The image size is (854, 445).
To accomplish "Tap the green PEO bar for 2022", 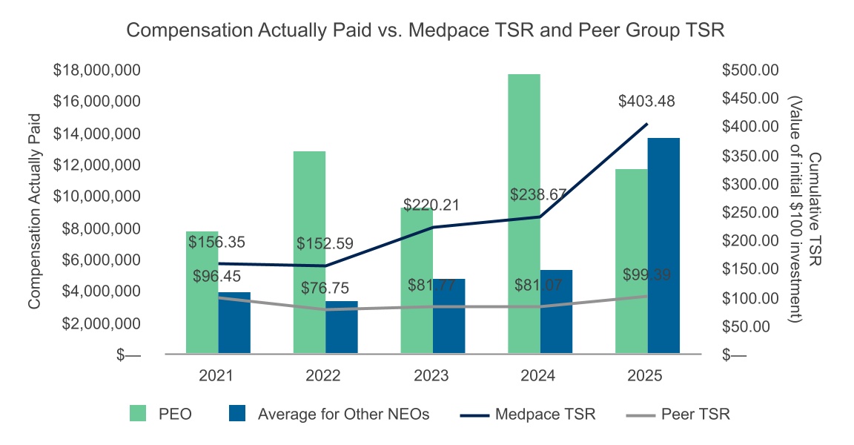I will [x=309, y=252].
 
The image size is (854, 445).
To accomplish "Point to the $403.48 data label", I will [x=646, y=102].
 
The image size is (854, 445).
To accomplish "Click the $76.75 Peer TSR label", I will [x=324, y=288].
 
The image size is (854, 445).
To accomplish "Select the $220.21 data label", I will [x=431, y=204].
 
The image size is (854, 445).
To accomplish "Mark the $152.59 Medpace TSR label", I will [x=325, y=243].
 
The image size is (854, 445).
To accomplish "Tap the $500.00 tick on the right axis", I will [x=751, y=70].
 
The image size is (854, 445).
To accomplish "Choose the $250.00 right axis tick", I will [x=751, y=213].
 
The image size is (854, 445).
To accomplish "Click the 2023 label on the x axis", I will [x=431, y=376].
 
